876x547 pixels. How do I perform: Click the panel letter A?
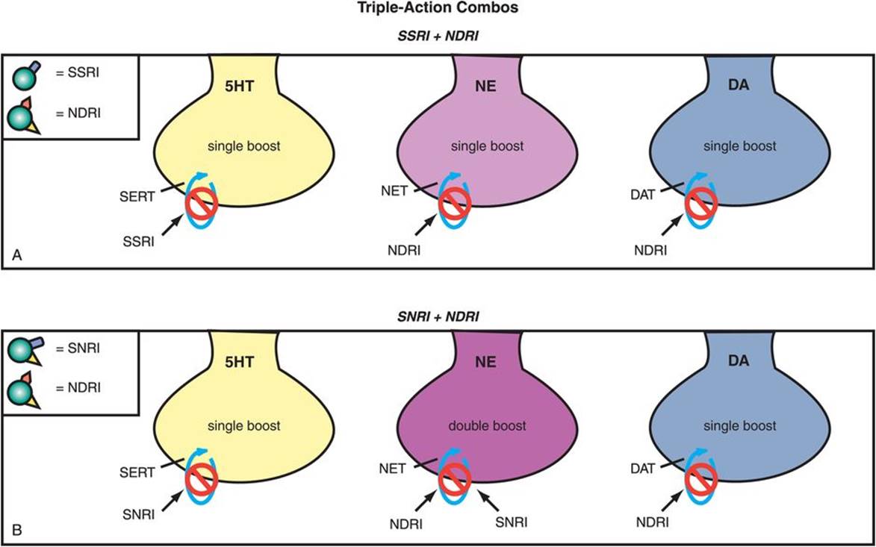pos(17,256)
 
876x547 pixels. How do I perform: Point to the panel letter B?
pos(17,531)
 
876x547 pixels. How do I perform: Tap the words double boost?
pos(488,426)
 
